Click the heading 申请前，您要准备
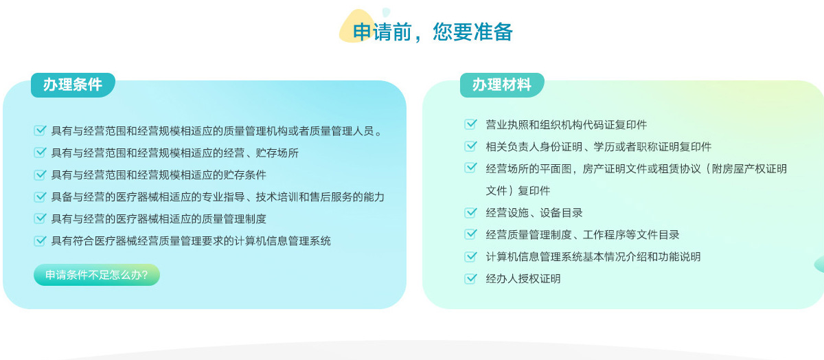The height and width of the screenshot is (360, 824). coord(433,32)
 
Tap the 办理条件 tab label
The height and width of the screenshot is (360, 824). coord(73,85)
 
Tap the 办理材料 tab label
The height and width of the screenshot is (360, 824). coord(502,85)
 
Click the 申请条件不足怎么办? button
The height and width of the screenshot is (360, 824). coord(97,275)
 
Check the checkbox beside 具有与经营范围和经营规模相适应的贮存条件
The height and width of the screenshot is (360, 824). coord(40,175)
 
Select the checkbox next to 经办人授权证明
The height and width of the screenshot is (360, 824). coord(470,279)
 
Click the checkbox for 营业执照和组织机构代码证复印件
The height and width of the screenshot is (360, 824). coord(470,124)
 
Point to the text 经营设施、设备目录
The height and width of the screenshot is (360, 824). coord(534,213)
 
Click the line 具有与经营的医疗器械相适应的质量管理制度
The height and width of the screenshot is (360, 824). coord(159,219)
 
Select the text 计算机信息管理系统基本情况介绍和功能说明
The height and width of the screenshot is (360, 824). coord(593,256)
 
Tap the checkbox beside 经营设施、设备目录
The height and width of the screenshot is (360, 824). coord(470,213)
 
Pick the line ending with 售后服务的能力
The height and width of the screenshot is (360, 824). coord(218,197)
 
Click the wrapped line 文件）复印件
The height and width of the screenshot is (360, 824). coord(518,191)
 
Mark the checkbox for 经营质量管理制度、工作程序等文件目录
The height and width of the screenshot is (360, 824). coord(470,234)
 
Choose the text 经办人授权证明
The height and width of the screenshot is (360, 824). coord(523,279)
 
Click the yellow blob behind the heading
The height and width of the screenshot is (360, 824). coord(353,26)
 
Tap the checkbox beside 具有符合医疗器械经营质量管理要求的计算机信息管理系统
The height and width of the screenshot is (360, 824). coord(40,240)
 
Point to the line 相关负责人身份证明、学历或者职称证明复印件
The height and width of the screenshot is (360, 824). coord(599,147)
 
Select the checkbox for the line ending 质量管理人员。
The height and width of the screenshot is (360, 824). coord(40,131)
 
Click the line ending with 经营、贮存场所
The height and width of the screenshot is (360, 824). coord(174,153)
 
